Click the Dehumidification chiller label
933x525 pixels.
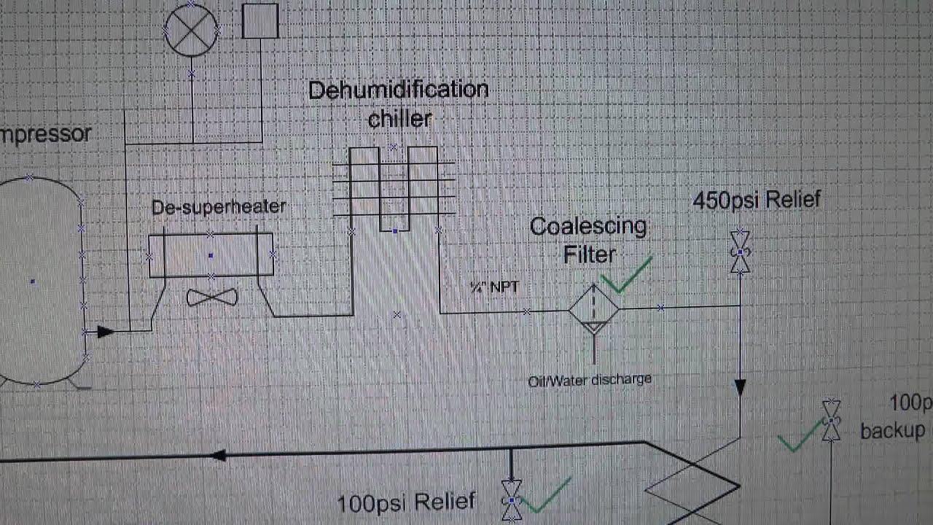[398, 104]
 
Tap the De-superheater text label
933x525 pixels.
[219, 207]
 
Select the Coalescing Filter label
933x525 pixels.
[589, 240]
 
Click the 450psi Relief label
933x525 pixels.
[757, 200]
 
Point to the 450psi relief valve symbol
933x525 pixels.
[741, 252]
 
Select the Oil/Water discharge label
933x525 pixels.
[590, 379]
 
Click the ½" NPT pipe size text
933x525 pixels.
[495, 287]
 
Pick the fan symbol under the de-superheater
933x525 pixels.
[211, 297]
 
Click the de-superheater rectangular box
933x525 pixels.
[211, 255]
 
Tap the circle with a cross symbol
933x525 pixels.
[192, 29]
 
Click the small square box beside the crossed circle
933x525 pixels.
[259, 20]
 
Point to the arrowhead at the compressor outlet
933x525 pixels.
[104, 332]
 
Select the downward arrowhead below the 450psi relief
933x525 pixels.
[741, 388]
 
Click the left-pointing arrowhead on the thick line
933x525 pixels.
[218, 456]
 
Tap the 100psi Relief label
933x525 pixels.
[406, 502]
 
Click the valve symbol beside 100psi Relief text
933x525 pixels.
[512, 500]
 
